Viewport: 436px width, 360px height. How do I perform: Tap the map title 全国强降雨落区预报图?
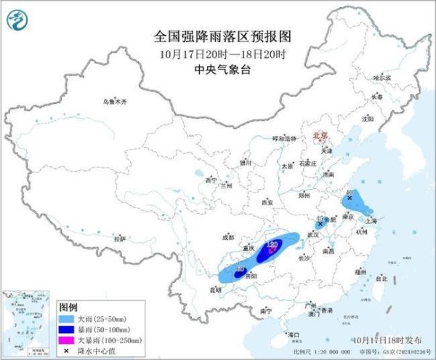pyautogui.click(x=217, y=36)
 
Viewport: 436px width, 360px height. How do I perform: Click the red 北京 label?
pyautogui.click(x=320, y=136)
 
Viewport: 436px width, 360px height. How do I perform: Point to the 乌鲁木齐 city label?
pyautogui.click(x=114, y=103)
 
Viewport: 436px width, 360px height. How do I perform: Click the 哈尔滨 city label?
pyautogui.click(x=381, y=78)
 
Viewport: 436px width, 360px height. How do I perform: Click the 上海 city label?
pyautogui.click(x=375, y=223)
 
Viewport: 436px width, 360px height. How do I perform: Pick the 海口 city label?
pyautogui.click(x=294, y=334)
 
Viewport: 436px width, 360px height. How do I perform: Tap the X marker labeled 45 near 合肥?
pyautogui.click(x=320, y=224)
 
